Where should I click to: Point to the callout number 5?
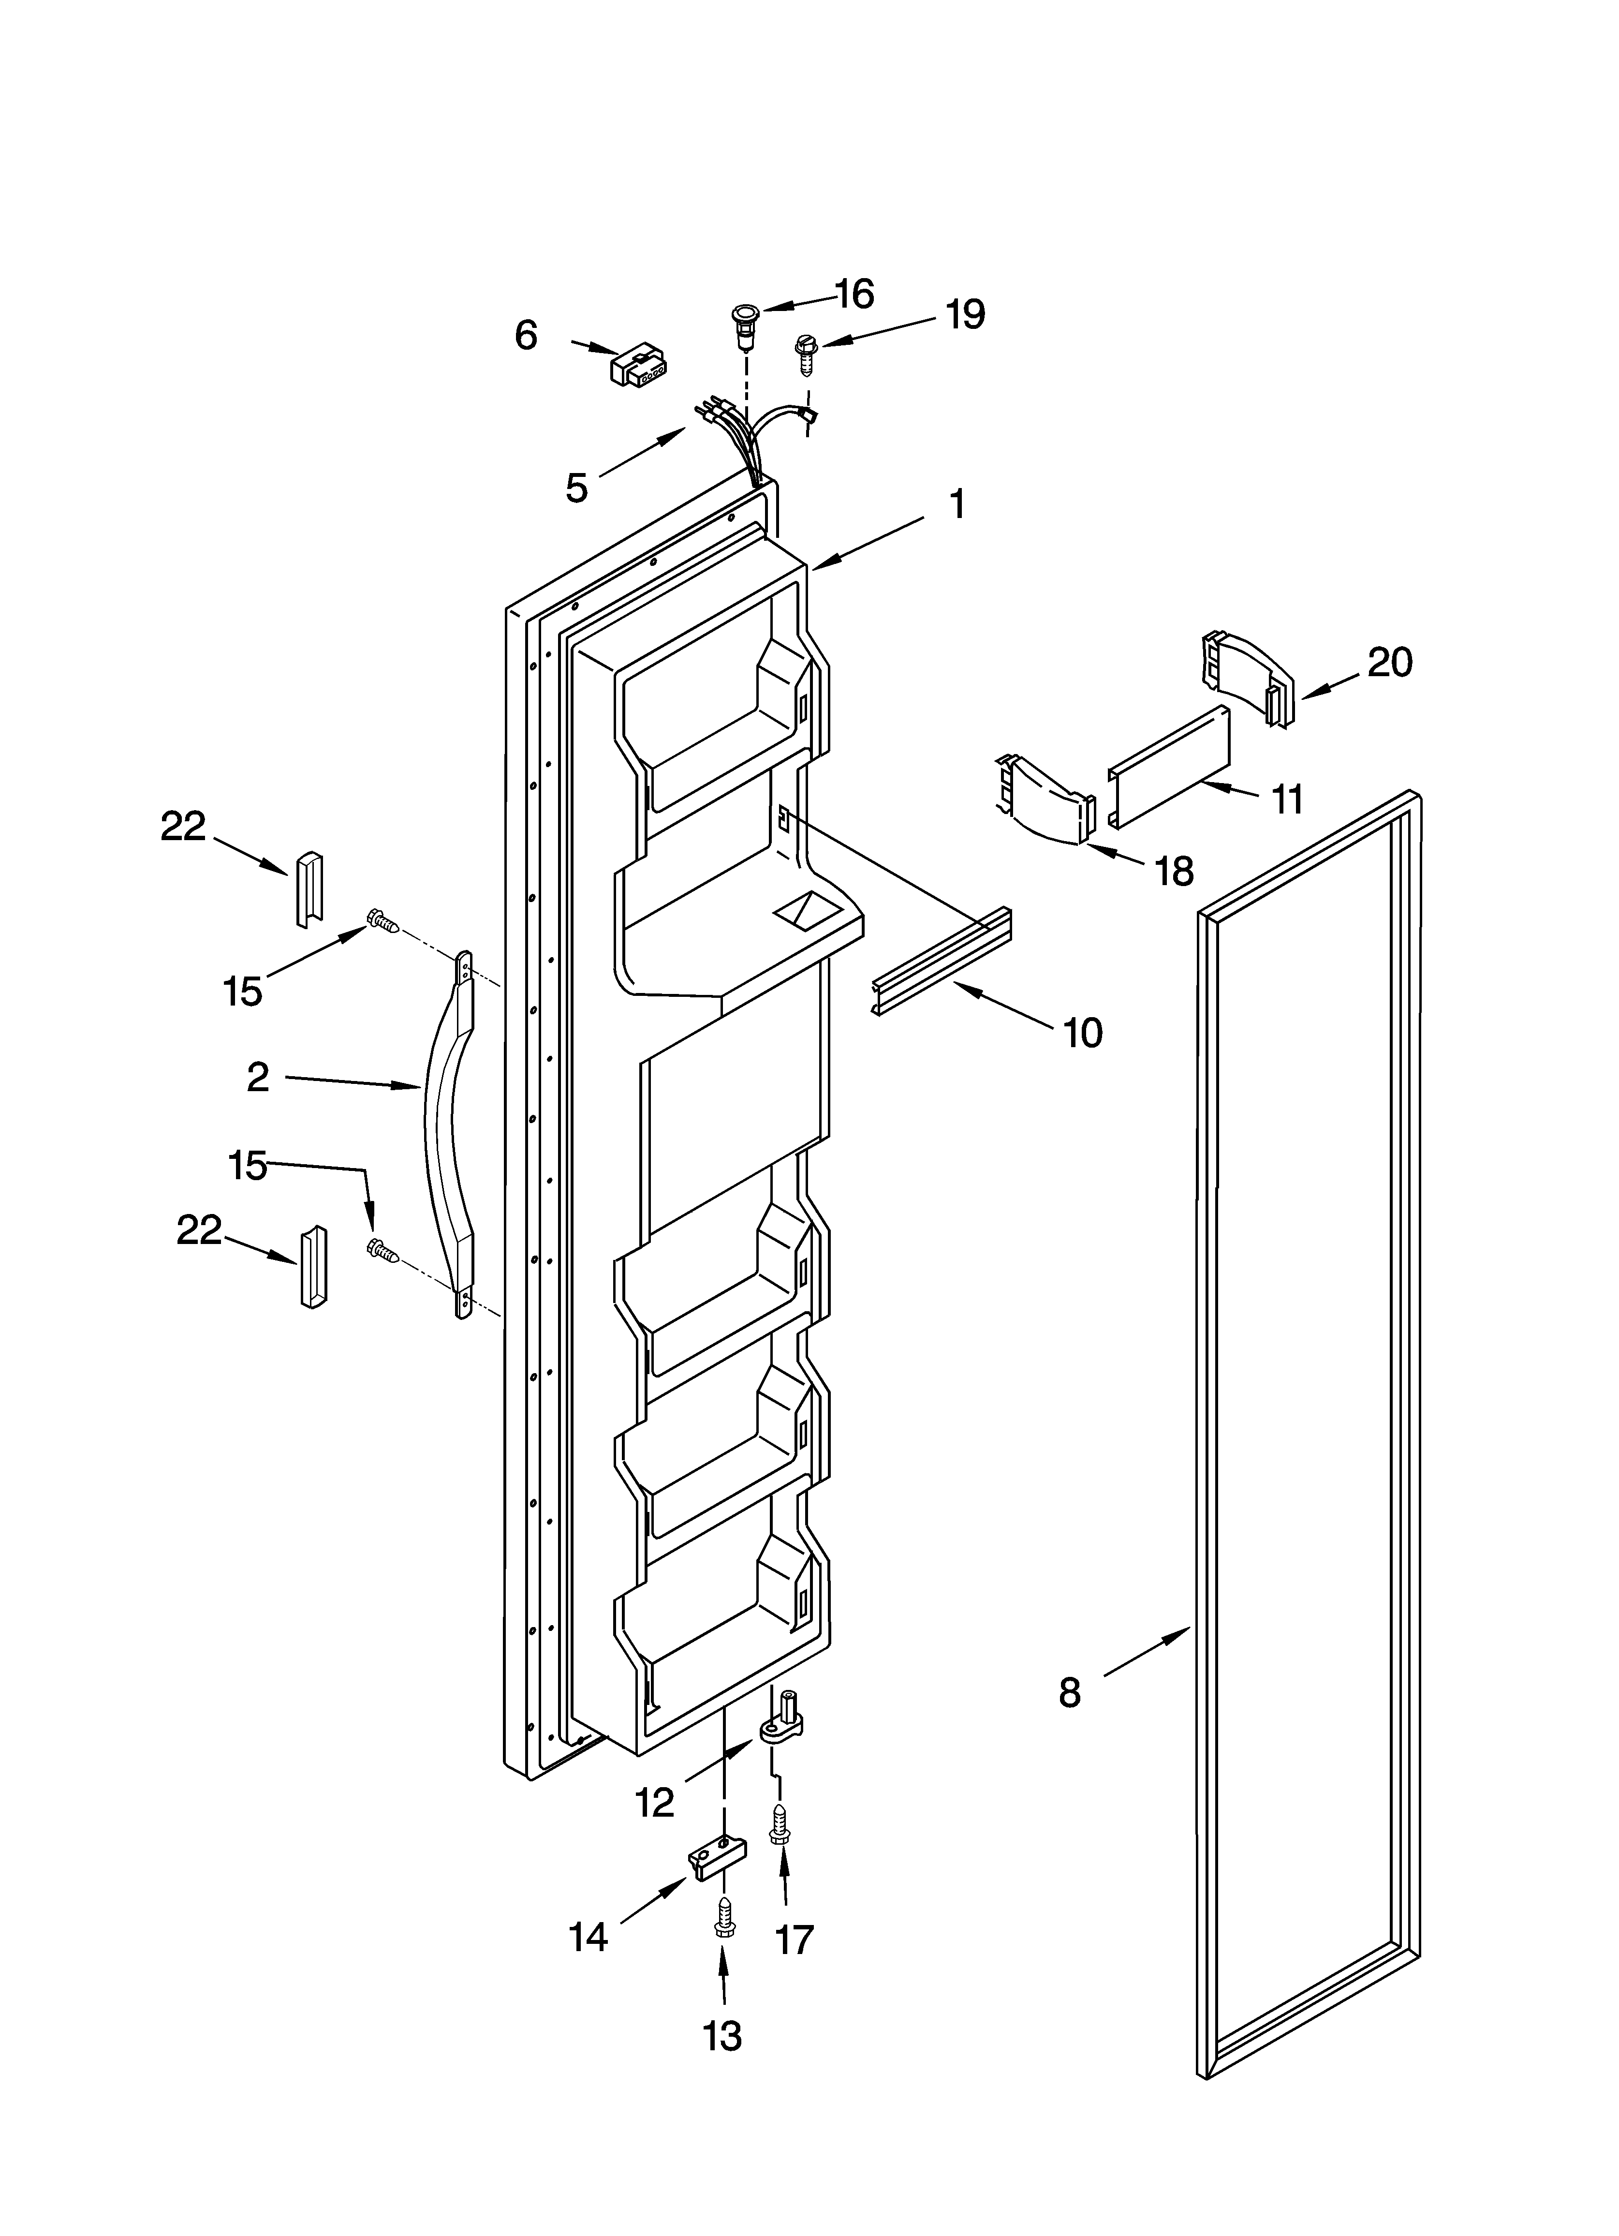click(x=577, y=487)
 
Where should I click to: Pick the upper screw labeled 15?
click(x=383, y=921)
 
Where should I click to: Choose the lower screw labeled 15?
click(x=383, y=1250)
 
